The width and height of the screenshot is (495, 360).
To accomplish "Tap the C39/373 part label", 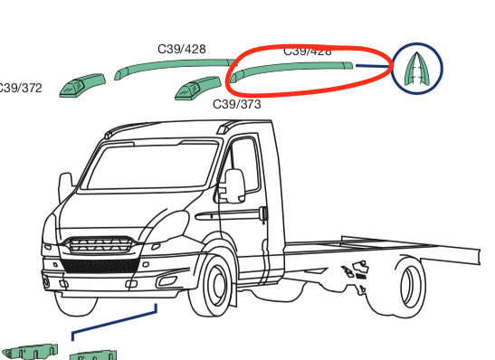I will (x=237, y=105).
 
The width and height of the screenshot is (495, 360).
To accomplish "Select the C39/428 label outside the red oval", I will (x=181, y=49).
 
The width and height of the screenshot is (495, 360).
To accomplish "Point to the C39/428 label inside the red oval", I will (x=308, y=52).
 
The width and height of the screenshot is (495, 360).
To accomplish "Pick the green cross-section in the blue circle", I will (x=416, y=68).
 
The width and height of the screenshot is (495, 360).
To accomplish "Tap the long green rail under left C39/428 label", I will (x=172, y=66).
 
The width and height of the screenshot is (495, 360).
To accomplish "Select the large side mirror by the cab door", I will (x=233, y=185).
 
